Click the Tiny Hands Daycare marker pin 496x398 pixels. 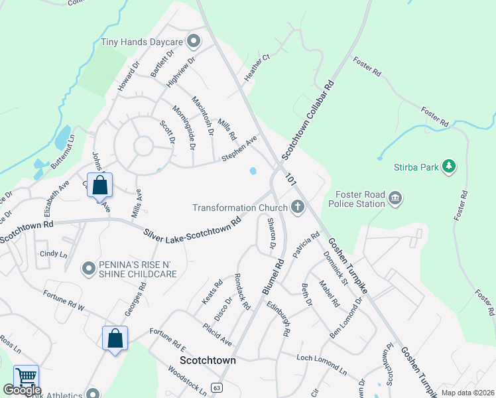[x=194, y=42]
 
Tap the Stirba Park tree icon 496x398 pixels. [x=449, y=166]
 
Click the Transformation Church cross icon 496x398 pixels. [x=297, y=208]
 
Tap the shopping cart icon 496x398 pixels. [x=27, y=377]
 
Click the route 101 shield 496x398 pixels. [x=291, y=179]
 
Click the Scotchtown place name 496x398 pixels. [x=208, y=361]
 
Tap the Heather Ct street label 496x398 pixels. [x=258, y=68]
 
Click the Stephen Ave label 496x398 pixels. [x=239, y=149]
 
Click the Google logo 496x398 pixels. [x=22, y=390]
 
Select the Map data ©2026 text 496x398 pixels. [x=467, y=393]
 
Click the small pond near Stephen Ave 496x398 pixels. [x=253, y=171]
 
